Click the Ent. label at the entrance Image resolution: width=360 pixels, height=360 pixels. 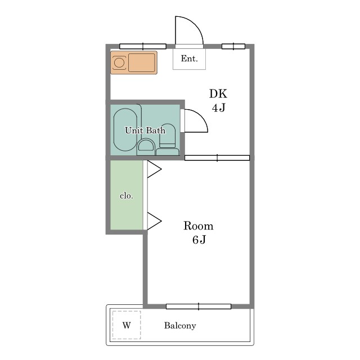tap(189, 58)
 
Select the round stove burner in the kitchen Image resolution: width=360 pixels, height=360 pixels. tap(119, 62)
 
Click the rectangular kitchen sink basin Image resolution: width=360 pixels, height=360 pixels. tap(141, 62)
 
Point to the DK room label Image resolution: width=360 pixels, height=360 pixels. tap(218, 94)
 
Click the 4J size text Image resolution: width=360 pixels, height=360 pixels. tap(218, 107)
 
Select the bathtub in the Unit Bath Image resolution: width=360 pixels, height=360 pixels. tap(125, 130)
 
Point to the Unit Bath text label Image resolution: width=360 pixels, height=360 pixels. tap(145, 130)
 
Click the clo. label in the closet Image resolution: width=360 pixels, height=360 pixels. tap(126, 196)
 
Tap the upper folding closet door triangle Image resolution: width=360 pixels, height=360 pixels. tap(154, 169)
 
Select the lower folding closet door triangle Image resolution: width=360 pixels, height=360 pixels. tap(154, 221)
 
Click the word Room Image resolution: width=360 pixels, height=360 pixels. tap(199, 226)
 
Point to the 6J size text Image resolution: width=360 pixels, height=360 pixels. tap(199, 240)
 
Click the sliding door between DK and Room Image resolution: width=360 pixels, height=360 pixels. tap(217, 158)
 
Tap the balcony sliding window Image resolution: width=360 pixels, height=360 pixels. tap(199, 307)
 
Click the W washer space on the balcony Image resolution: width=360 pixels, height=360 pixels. tap(127, 325)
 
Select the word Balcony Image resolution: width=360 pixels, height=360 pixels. tap(180, 326)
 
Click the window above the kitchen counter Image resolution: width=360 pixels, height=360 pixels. tap(143, 46)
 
